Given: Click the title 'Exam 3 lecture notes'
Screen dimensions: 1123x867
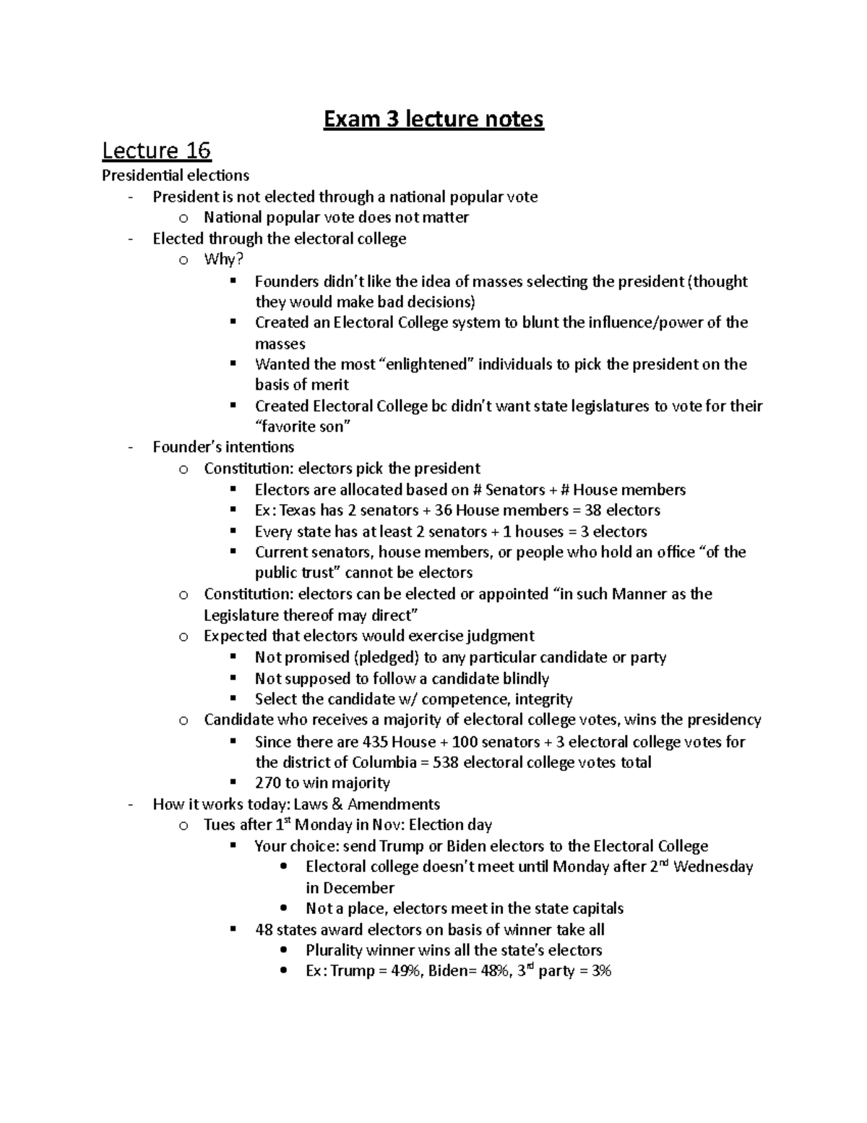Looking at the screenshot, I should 433,118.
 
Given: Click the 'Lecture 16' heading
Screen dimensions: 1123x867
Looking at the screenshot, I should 156,150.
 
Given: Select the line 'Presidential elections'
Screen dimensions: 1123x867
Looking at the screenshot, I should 176,175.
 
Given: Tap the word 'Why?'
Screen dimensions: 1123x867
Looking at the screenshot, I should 224,260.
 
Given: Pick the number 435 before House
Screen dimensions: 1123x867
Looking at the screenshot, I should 374,742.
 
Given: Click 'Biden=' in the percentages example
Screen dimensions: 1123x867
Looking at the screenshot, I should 452,971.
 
